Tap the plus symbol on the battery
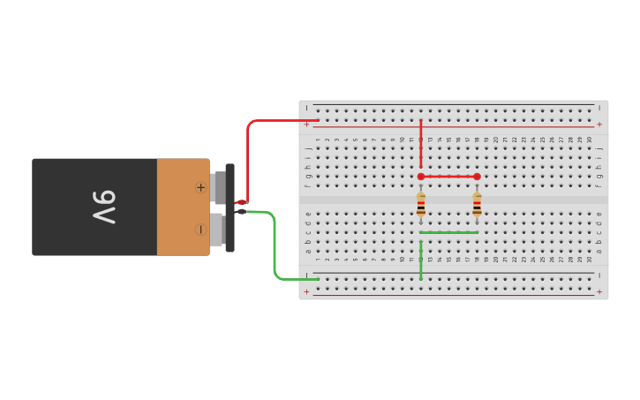(x=200, y=187)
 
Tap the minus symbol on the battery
(x=200, y=230)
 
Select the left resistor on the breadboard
(x=421, y=206)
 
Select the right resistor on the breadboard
(x=477, y=206)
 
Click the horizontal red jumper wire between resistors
(x=448, y=177)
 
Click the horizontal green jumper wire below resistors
(x=448, y=233)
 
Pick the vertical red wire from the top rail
(x=421, y=143)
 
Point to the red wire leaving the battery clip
(x=250, y=159)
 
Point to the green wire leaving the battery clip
(x=275, y=247)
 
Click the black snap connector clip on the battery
(x=230, y=208)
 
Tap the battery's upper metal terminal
(x=218, y=187)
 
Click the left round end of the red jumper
(x=421, y=177)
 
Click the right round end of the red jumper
(x=478, y=177)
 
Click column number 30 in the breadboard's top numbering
(x=590, y=140)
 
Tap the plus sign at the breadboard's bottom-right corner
(x=599, y=291)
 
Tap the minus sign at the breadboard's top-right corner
(x=599, y=108)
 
